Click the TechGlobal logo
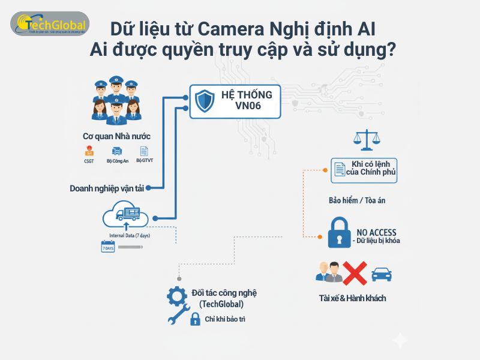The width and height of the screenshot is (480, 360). (50, 24)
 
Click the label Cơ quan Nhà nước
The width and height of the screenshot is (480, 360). (116, 136)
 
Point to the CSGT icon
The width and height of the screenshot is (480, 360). (89, 152)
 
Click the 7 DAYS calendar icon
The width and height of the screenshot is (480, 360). (109, 246)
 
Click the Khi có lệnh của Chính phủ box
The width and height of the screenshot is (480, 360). (364, 170)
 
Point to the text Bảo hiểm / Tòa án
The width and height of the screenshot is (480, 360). (357, 200)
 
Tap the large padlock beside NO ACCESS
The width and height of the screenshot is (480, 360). (340, 233)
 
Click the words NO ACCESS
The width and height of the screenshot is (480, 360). (376, 232)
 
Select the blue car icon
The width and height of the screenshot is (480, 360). (382, 274)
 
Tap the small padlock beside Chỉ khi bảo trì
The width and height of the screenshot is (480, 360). (194, 319)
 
